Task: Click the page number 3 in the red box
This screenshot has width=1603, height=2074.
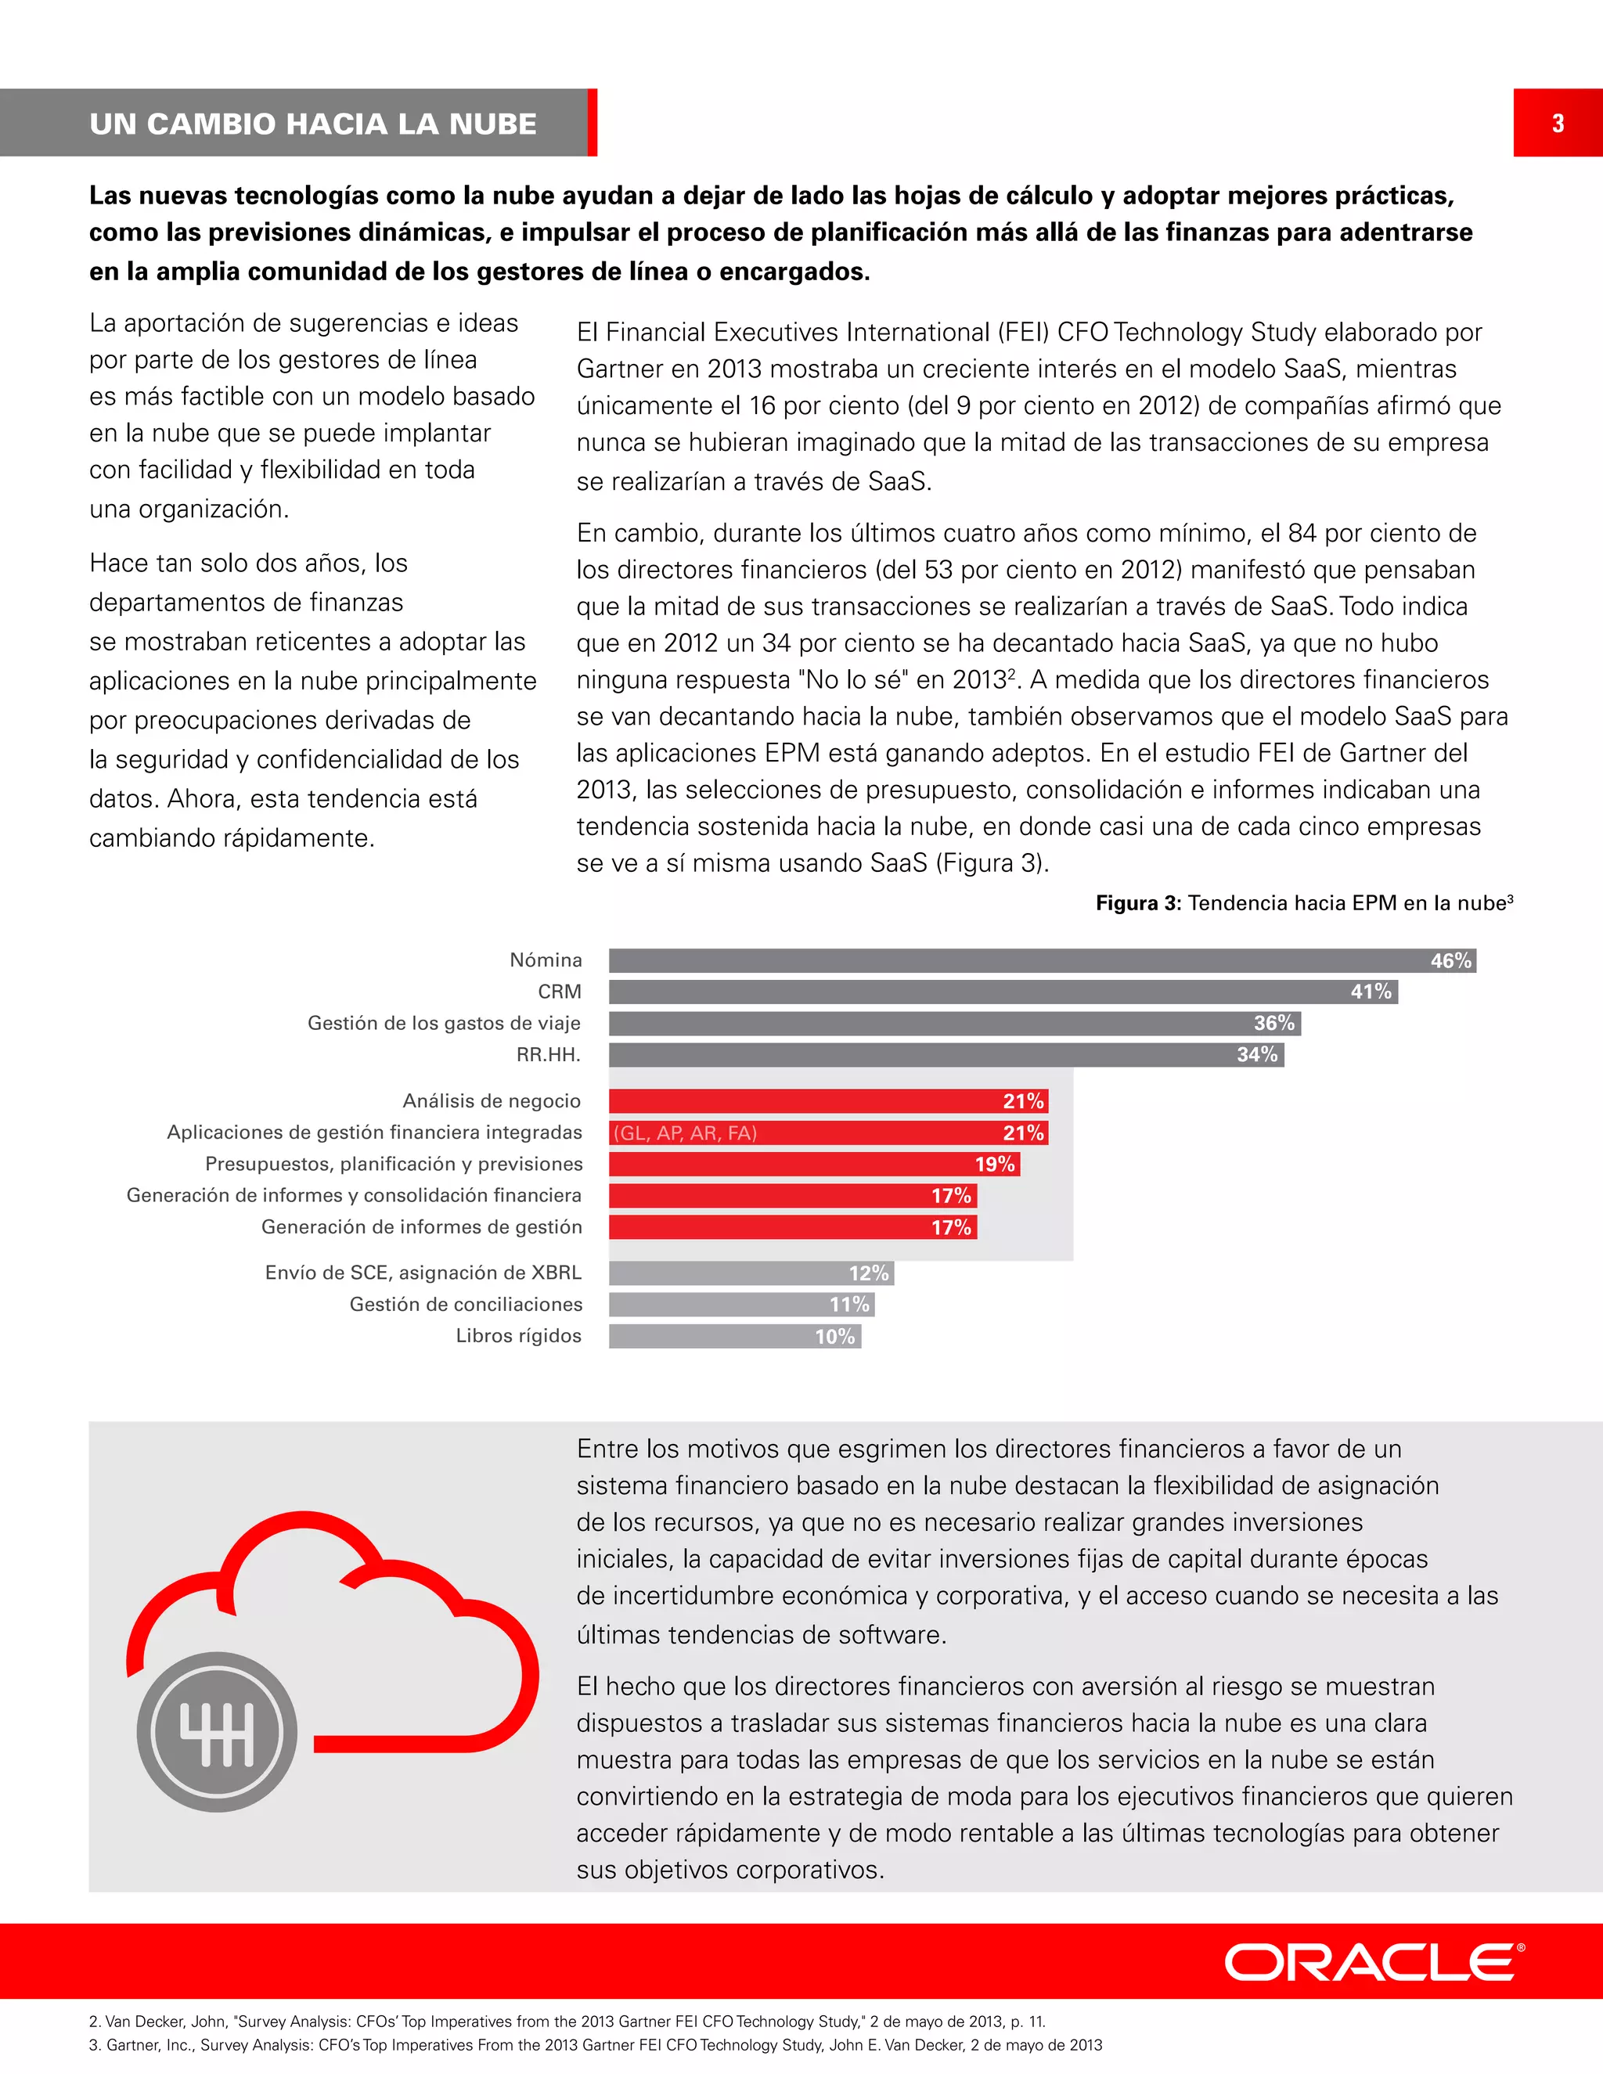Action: click(x=1558, y=124)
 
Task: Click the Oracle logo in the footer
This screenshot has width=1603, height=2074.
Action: click(x=1373, y=1962)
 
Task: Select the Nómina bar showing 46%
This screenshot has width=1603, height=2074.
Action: click(x=1041, y=960)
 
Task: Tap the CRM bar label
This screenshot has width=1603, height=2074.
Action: click(x=560, y=992)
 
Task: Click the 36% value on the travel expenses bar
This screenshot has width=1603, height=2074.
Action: click(x=1273, y=1023)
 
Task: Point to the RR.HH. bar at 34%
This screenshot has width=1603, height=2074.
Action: click(x=945, y=1054)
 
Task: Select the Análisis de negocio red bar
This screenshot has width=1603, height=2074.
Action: click(x=827, y=1100)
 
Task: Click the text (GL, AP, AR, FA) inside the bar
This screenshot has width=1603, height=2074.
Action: click(x=685, y=1133)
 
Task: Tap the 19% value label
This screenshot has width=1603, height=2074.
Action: click(x=994, y=1165)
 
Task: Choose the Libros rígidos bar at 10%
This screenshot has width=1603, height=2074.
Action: click(x=734, y=1336)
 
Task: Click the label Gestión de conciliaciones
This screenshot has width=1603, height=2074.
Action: click(x=466, y=1304)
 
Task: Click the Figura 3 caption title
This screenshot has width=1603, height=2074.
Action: click(x=1303, y=903)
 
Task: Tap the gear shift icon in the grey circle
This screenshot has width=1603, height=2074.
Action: click(x=217, y=1732)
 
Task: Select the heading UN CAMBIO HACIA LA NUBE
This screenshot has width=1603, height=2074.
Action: click(x=313, y=124)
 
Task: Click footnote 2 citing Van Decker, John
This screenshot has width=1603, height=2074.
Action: click(x=567, y=2022)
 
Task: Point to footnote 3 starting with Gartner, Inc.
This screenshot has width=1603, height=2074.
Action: click(x=595, y=2044)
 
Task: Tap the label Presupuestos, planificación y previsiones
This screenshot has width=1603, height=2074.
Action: click(x=393, y=1165)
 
